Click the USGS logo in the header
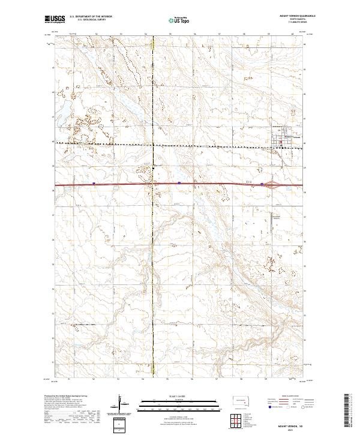pos(55,19)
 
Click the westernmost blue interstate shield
pos(94,184)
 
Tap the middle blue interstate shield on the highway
pos(179,184)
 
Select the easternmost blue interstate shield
pos(262,184)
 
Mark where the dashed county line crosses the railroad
pos(153,145)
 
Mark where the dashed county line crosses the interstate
pos(153,184)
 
